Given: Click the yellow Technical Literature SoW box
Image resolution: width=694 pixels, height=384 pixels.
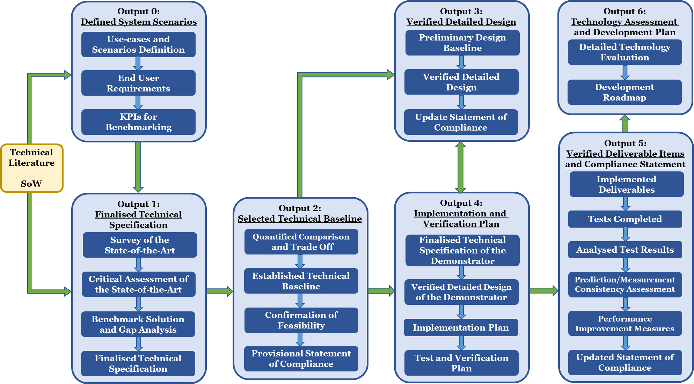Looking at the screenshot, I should pyautogui.click(x=32, y=168).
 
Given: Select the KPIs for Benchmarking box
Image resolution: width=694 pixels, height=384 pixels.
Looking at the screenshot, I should pyautogui.click(x=138, y=122).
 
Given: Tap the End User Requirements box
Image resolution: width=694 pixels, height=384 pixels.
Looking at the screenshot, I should pyautogui.click(x=138, y=83).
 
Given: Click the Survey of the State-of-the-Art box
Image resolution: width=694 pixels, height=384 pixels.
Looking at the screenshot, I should pyautogui.click(x=140, y=245).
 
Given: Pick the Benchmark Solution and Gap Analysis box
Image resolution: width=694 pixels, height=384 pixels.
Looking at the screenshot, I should pyautogui.click(x=138, y=324).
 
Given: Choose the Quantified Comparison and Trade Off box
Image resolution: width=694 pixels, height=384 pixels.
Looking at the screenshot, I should pyautogui.click(x=301, y=242).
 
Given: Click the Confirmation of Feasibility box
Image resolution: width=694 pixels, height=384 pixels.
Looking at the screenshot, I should pyautogui.click(x=301, y=320).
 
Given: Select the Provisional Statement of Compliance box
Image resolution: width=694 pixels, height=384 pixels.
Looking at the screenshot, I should pyautogui.click(x=301, y=359).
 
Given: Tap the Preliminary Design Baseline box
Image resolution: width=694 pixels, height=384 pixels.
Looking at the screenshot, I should pyautogui.click(x=462, y=43).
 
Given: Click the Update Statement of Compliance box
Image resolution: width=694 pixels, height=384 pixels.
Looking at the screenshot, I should pyautogui.click(x=461, y=122).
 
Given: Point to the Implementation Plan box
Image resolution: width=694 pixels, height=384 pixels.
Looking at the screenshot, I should pyautogui.click(x=461, y=327).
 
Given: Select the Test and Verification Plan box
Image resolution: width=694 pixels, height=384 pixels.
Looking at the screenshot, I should pyautogui.click(x=461, y=363).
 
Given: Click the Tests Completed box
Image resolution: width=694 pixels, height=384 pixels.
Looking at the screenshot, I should pyautogui.click(x=625, y=219).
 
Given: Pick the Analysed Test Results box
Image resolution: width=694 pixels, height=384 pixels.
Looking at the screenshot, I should pyautogui.click(x=625, y=250).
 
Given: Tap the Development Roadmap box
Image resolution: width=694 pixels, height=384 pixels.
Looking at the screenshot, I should pyautogui.click(x=624, y=92).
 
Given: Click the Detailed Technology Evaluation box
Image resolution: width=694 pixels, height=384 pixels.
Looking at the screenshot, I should pyautogui.click(x=625, y=52).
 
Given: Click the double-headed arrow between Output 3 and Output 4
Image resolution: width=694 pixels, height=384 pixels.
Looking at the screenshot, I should pyautogui.click(x=461, y=167).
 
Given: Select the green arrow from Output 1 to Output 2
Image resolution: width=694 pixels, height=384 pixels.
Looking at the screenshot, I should pyautogui.click(x=219, y=291).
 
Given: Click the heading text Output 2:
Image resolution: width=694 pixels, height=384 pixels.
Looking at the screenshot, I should pyautogui.click(x=300, y=208).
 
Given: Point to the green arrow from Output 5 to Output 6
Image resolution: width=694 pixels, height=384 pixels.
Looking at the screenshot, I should pyautogui.click(x=624, y=124).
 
